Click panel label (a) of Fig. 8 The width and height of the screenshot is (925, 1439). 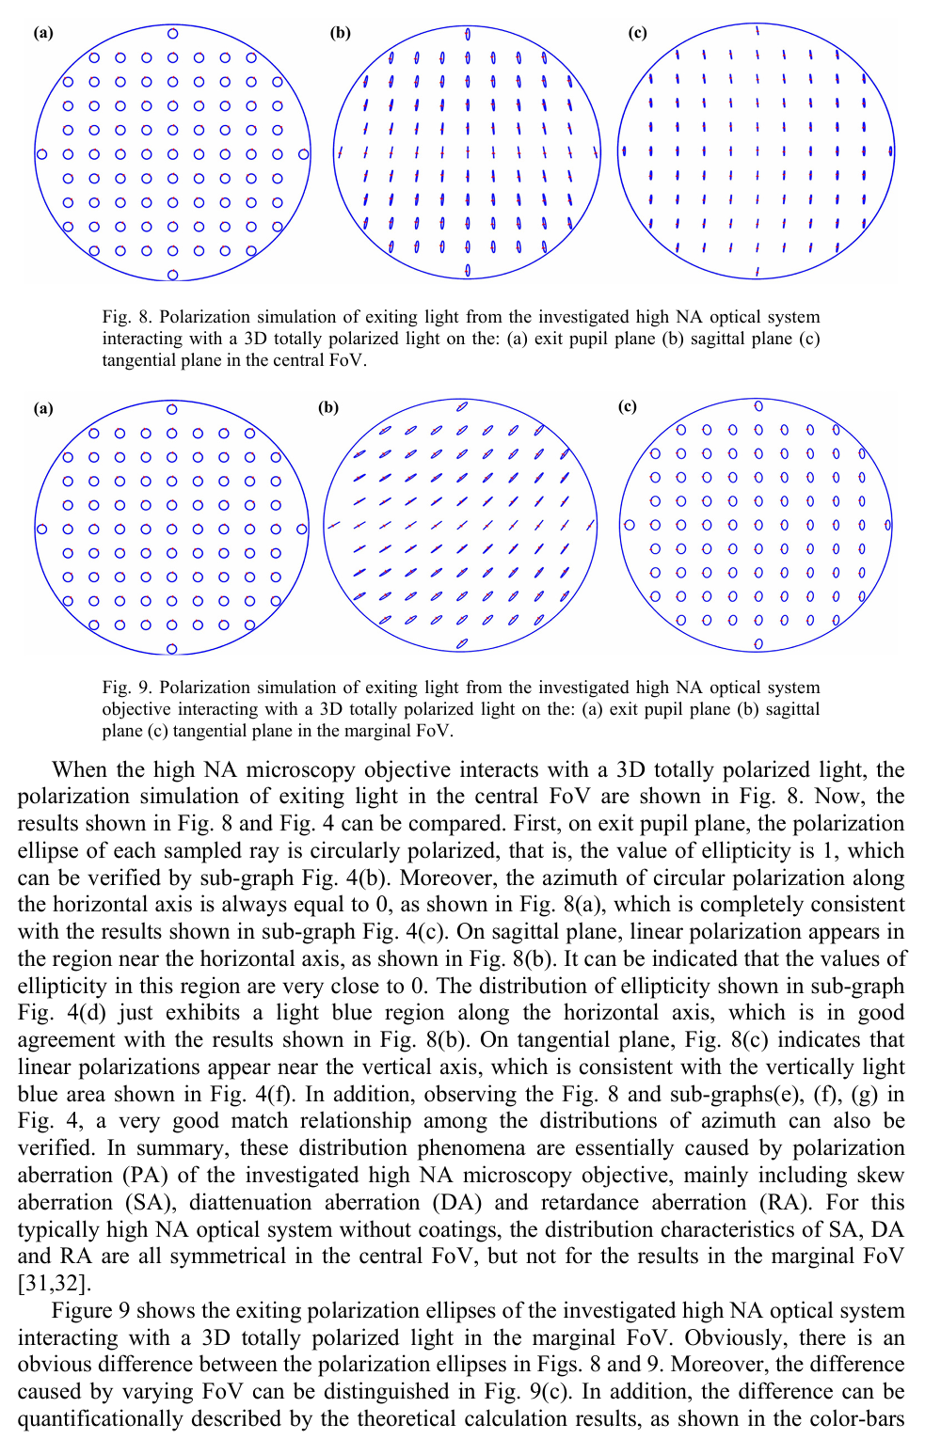[x=43, y=33]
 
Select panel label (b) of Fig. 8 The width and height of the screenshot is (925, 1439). [x=340, y=33]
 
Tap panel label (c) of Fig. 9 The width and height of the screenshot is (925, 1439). [x=627, y=406]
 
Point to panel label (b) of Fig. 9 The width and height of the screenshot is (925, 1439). [x=328, y=407]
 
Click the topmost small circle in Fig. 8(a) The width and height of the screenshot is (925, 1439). [x=172, y=34]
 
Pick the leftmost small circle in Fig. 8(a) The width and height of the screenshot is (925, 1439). [x=41, y=153]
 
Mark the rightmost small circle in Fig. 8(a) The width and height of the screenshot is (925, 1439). [x=303, y=153]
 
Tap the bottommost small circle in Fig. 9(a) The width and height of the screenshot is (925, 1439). [x=171, y=649]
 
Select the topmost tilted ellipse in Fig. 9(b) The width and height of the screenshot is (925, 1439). [x=461, y=406]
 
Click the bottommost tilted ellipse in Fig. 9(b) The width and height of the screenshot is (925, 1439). [x=461, y=643]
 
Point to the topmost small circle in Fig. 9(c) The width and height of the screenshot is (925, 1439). [x=758, y=406]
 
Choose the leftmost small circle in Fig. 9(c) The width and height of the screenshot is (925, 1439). [x=630, y=525]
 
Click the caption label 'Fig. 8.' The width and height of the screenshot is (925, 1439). [x=127, y=317]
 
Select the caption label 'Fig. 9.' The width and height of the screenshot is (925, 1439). [x=127, y=688]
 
